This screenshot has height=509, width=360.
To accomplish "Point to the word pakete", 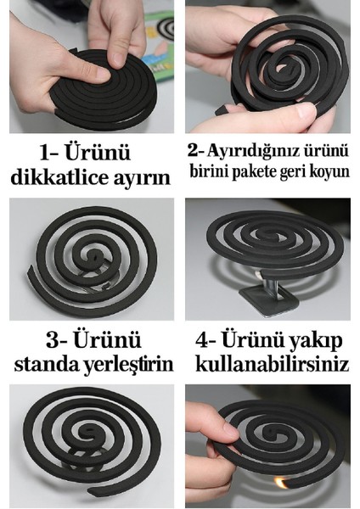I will pos(256,171).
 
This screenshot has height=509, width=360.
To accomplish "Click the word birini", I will pos(212,171).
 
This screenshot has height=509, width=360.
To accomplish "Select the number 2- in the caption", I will pos(196,151).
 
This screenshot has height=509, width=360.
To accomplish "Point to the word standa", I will pos(47,365).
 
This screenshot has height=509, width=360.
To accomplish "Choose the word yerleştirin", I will pos(128,365).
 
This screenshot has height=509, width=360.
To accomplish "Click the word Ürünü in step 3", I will pos(100,340).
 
